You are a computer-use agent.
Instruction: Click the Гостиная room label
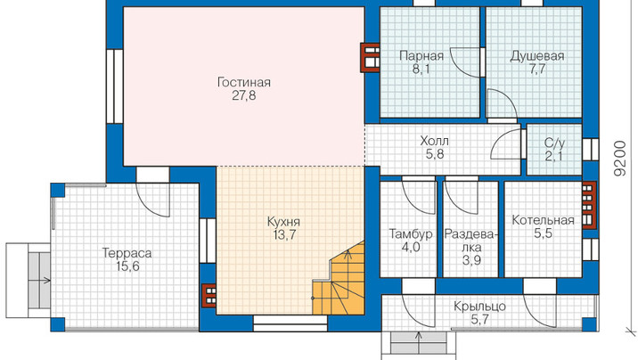244,83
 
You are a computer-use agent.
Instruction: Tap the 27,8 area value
244,96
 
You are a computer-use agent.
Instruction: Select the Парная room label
421,56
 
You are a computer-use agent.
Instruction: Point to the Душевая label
537,56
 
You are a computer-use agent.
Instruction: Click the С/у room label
554,143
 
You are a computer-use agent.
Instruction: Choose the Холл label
435,141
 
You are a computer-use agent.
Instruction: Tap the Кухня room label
283,222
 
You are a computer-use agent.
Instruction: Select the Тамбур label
411,234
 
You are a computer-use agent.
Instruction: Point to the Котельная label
544,220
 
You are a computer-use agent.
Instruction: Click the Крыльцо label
479,307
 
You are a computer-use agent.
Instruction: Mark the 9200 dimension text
620,159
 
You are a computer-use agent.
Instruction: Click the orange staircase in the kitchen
339,282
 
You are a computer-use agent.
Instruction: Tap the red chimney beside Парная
370,57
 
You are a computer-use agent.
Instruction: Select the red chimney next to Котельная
589,205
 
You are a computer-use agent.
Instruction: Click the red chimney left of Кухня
209,295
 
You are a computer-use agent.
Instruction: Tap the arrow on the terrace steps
45,280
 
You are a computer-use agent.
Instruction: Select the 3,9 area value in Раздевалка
471,260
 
